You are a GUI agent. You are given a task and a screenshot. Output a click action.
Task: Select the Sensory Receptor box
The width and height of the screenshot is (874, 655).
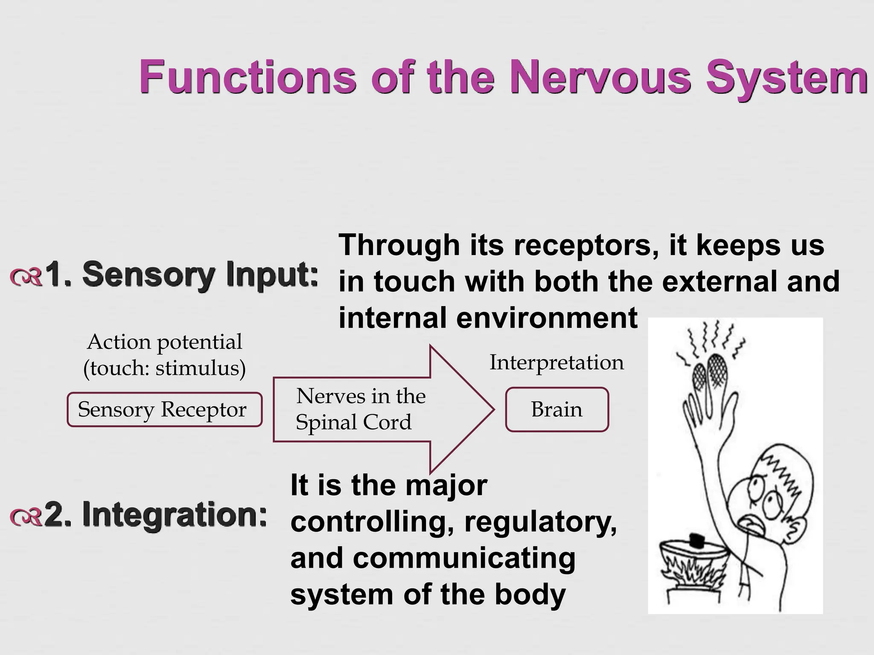tap(164, 409)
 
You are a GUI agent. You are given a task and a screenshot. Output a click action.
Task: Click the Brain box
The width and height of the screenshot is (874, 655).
tap(557, 409)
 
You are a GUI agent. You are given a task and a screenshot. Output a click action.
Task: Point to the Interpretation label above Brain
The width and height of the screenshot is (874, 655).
tap(556, 362)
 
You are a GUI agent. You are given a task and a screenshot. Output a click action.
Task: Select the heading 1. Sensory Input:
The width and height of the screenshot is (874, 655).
tap(181, 275)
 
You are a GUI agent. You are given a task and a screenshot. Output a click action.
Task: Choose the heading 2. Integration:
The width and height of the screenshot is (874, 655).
tap(156, 515)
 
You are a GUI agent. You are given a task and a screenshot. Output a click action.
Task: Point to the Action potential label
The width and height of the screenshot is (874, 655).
tap(164, 342)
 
